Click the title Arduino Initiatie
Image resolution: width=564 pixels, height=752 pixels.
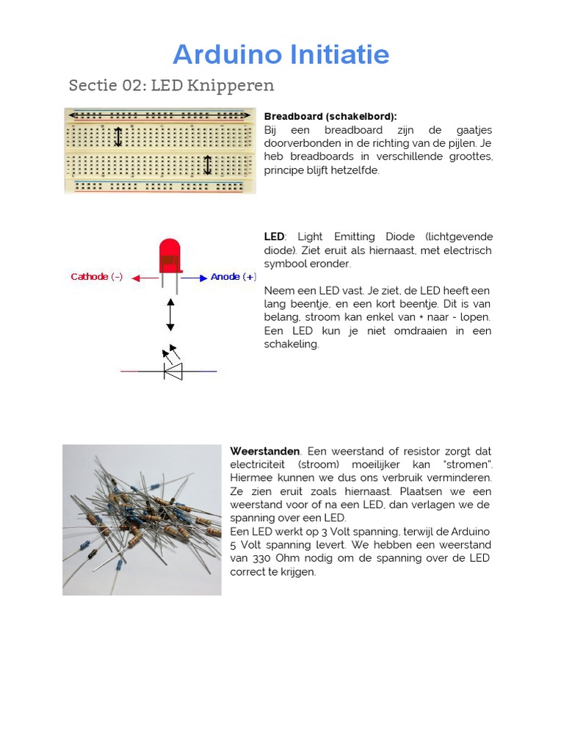pyautogui.click(x=281, y=54)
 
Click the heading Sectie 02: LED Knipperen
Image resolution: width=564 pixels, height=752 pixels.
pyautogui.click(x=171, y=85)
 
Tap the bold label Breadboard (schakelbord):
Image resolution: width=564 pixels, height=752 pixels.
pyautogui.click(x=330, y=117)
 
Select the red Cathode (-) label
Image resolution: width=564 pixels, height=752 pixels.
pyautogui.click(x=97, y=277)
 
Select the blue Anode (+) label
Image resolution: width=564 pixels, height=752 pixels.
pyautogui.click(x=233, y=277)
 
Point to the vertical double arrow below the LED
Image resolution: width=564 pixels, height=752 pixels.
pyautogui.click(x=170, y=314)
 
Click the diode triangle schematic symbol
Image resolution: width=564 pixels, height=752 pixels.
pyautogui.click(x=173, y=371)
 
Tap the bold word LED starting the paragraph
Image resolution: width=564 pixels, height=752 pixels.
pyautogui.click(x=274, y=236)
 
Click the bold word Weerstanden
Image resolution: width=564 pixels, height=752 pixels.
pyautogui.click(x=265, y=451)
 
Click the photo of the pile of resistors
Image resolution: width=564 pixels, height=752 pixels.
pyautogui.click(x=142, y=519)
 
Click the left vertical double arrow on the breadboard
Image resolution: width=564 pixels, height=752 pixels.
pyautogui.click(x=118, y=137)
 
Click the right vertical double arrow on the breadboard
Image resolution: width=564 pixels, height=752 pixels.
pyautogui.click(x=207, y=164)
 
